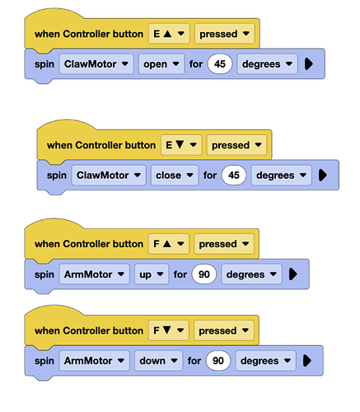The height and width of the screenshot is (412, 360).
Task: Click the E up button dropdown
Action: (x=169, y=34)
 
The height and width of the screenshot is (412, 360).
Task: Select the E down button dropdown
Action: (x=181, y=145)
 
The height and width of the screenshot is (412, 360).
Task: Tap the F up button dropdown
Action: (x=169, y=244)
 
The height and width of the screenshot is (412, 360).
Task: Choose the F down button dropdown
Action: (x=169, y=330)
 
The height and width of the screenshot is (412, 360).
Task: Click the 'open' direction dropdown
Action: (x=161, y=64)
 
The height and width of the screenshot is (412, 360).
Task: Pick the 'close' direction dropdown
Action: (x=175, y=175)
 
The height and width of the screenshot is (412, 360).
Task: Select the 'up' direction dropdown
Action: (x=152, y=274)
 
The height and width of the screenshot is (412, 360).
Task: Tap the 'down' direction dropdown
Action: (x=158, y=361)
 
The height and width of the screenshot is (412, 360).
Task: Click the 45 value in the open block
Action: (x=220, y=64)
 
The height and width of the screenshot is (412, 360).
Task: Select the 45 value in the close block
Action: (x=234, y=175)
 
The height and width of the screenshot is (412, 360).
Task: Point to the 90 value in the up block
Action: (x=204, y=274)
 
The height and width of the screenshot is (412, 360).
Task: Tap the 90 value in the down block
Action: (x=218, y=361)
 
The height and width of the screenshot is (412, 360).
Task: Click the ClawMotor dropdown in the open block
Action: (x=96, y=64)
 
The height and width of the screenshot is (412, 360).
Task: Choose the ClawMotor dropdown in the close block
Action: (x=109, y=175)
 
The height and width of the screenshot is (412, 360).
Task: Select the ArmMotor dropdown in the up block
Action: (x=95, y=274)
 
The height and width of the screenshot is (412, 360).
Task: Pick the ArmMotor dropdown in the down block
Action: (x=95, y=361)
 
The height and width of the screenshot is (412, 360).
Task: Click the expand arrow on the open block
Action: (x=309, y=64)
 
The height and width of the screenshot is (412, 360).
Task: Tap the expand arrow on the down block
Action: (x=307, y=361)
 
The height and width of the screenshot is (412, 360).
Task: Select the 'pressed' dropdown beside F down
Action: (x=224, y=330)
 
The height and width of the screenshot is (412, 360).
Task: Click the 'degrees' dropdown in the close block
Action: (x=281, y=175)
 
